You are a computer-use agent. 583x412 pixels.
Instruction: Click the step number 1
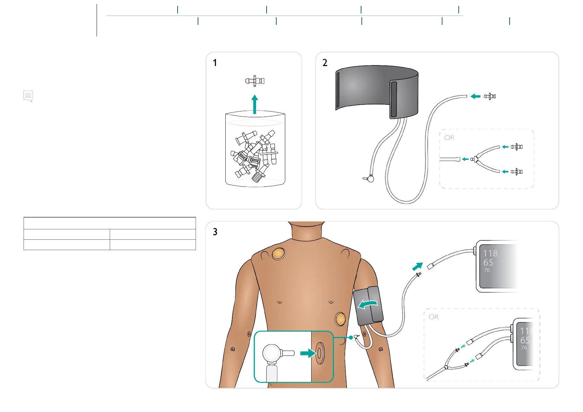click(x=215, y=63)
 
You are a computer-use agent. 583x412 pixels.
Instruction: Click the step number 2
click(x=325, y=63)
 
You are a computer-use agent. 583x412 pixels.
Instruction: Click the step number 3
click(x=215, y=232)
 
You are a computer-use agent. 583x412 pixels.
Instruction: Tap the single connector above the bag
click(x=255, y=81)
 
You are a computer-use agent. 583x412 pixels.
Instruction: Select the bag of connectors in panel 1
click(x=255, y=149)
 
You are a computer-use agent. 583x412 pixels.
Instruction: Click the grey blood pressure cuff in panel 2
click(x=377, y=91)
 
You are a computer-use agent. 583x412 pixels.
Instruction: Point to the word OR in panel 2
click(x=449, y=138)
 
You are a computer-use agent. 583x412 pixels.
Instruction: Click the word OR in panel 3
click(x=433, y=317)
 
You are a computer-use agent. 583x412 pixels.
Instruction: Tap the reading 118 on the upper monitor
click(x=490, y=253)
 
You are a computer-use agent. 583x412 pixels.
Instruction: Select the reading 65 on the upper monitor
click(x=488, y=263)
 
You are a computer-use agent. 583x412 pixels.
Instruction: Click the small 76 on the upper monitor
click(x=487, y=270)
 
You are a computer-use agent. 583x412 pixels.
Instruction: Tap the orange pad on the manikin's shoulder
click(x=278, y=254)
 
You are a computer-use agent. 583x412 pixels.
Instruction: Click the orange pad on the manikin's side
click(x=340, y=319)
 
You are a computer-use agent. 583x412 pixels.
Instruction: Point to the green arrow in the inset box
click(x=308, y=353)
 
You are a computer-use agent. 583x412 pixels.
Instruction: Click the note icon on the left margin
click(x=28, y=96)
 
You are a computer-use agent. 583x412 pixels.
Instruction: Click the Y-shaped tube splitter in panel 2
click(x=476, y=159)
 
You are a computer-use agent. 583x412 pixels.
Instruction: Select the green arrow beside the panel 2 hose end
click(x=476, y=96)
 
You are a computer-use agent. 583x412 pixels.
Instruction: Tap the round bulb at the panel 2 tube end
click(x=370, y=179)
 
